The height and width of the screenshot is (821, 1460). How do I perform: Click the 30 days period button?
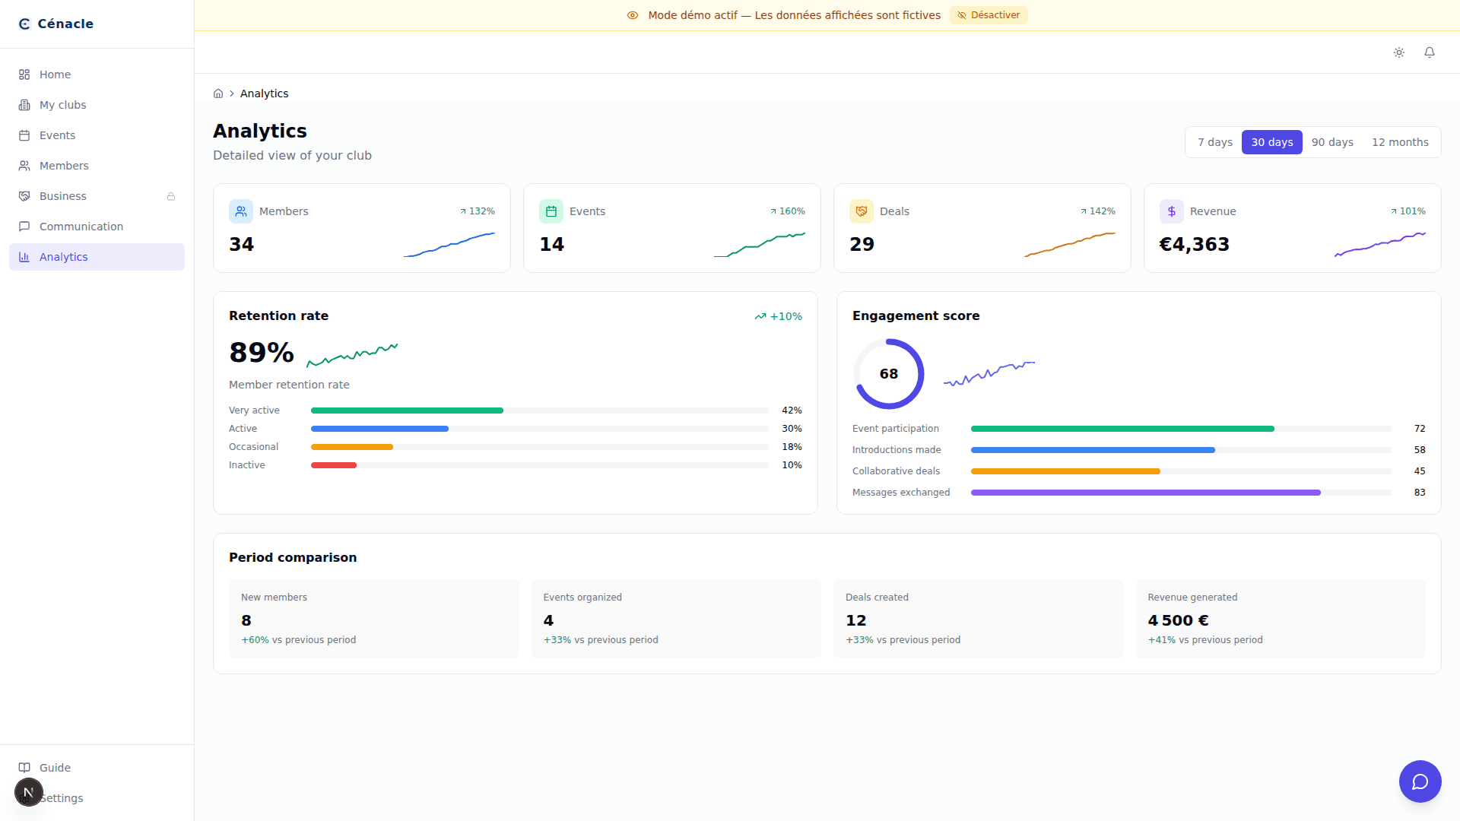point(1271,142)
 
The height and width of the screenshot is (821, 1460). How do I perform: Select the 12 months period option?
point(1399,142)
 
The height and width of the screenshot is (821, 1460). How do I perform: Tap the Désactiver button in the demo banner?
point(989,15)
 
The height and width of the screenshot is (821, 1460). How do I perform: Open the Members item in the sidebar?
point(64,166)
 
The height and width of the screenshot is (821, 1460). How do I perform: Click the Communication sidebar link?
point(81,227)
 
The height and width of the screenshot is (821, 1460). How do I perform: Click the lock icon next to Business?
point(171,196)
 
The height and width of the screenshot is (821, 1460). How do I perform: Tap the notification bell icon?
point(1429,52)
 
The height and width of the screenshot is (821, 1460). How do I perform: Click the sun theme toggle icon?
point(1398,52)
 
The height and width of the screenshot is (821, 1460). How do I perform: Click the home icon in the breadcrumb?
point(218,94)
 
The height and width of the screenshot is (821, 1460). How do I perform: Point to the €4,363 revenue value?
point(1194,244)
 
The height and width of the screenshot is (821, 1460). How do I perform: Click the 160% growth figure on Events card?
point(792,211)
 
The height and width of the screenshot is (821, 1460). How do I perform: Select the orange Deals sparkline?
point(1069,245)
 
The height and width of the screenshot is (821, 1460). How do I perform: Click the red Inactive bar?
point(334,465)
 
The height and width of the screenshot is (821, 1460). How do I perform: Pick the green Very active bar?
point(407,410)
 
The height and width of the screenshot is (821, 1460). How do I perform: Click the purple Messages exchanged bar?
point(1145,493)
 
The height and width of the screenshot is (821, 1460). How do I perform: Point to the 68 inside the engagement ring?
point(888,374)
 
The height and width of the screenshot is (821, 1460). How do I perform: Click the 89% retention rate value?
point(262,353)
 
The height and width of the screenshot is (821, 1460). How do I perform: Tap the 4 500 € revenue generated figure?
point(1178,620)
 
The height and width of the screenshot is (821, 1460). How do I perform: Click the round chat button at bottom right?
point(1420,781)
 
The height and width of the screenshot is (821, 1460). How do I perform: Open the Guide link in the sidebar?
point(55,768)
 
